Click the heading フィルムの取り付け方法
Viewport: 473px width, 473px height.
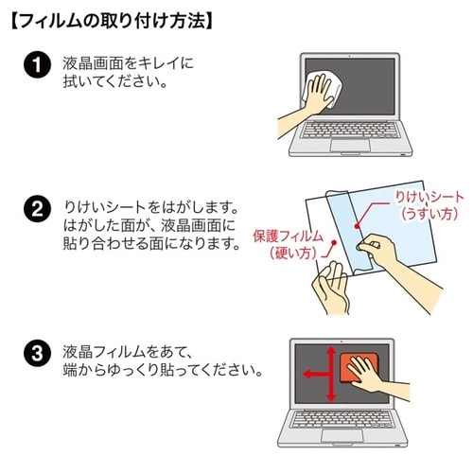(x=112, y=19)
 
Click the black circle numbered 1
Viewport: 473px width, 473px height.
(x=35, y=67)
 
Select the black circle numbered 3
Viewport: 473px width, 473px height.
(x=35, y=356)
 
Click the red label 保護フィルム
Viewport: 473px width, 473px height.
(x=289, y=236)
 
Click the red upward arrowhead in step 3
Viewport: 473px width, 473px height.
(x=329, y=349)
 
